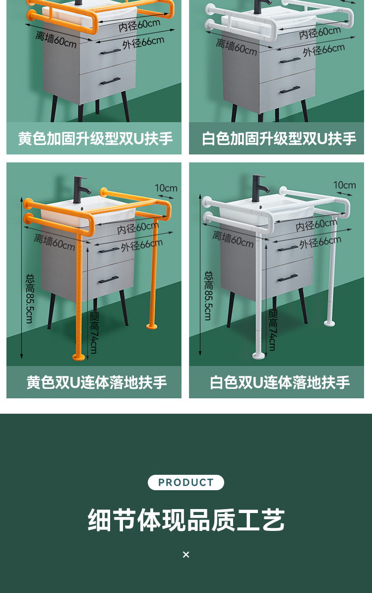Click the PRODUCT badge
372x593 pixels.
click(x=186, y=482)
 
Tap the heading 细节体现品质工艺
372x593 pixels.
click(x=186, y=520)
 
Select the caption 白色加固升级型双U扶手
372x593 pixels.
click(x=278, y=139)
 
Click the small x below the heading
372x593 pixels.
click(x=186, y=554)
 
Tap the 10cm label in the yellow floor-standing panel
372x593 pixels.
click(x=166, y=188)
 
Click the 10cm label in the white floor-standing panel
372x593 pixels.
click(x=344, y=185)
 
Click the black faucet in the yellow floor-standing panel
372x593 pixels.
click(x=80, y=189)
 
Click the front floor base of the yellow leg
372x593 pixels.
click(x=78, y=356)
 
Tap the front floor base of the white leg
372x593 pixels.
click(x=257, y=355)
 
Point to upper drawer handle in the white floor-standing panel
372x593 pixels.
click(x=288, y=248)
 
